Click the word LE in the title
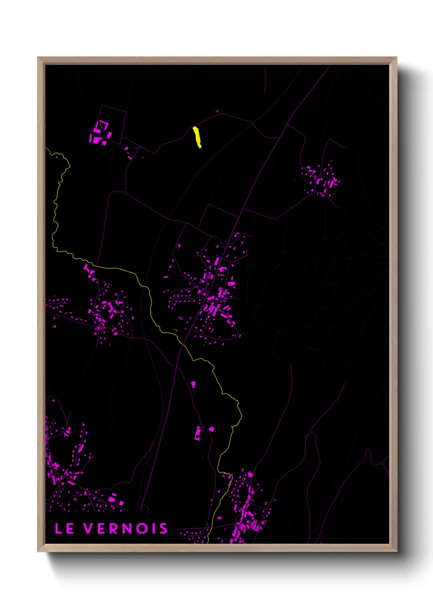pyautogui.click(x=64, y=529)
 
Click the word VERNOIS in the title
pyautogui.click(x=126, y=529)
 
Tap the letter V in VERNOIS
pyautogui.click(x=89, y=529)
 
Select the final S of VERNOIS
pyautogui.click(x=163, y=529)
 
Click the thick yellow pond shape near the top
pyautogui.click(x=197, y=137)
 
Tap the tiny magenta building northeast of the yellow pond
pyautogui.click(x=217, y=111)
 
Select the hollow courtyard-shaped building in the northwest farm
pyautogui.click(x=103, y=125)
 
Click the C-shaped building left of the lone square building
pyautogui.click(x=198, y=433)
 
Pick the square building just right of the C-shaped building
pyautogui.click(x=212, y=429)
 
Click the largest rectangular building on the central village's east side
pyautogui.click(x=231, y=283)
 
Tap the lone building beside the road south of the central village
pyautogui.click(x=193, y=384)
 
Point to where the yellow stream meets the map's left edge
pyautogui.click(x=46, y=148)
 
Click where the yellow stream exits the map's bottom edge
pyautogui.click(x=209, y=542)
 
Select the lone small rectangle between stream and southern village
pyautogui.click(x=219, y=518)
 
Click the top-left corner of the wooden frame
pyautogui.click(x=38, y=58)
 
